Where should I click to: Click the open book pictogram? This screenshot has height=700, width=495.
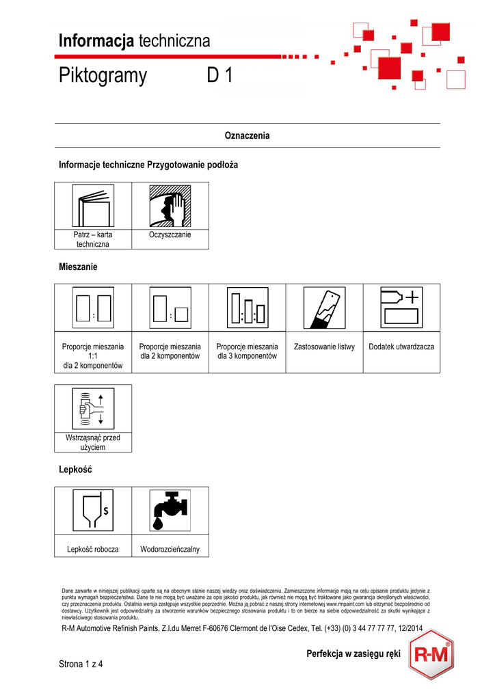[93, 206]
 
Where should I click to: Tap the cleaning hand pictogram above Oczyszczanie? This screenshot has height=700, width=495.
[170, 206]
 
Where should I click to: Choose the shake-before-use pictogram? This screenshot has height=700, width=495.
[93, 408]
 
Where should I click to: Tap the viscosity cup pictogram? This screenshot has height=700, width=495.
[93, 510]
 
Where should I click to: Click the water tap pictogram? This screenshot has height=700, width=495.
[170, 510]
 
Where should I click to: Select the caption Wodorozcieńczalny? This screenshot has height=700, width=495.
[170, 550]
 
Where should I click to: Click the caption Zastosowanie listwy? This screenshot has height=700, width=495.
[324, 347]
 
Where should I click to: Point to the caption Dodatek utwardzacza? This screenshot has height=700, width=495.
[401, 347]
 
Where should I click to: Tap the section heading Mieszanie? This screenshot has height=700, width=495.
[79, 267]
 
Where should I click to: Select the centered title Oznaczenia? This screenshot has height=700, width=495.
[247, 135]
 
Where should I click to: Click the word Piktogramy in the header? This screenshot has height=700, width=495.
[103, 76]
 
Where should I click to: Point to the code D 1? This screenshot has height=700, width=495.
[220, 76]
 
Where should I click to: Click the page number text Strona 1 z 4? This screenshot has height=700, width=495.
[85, 663]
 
